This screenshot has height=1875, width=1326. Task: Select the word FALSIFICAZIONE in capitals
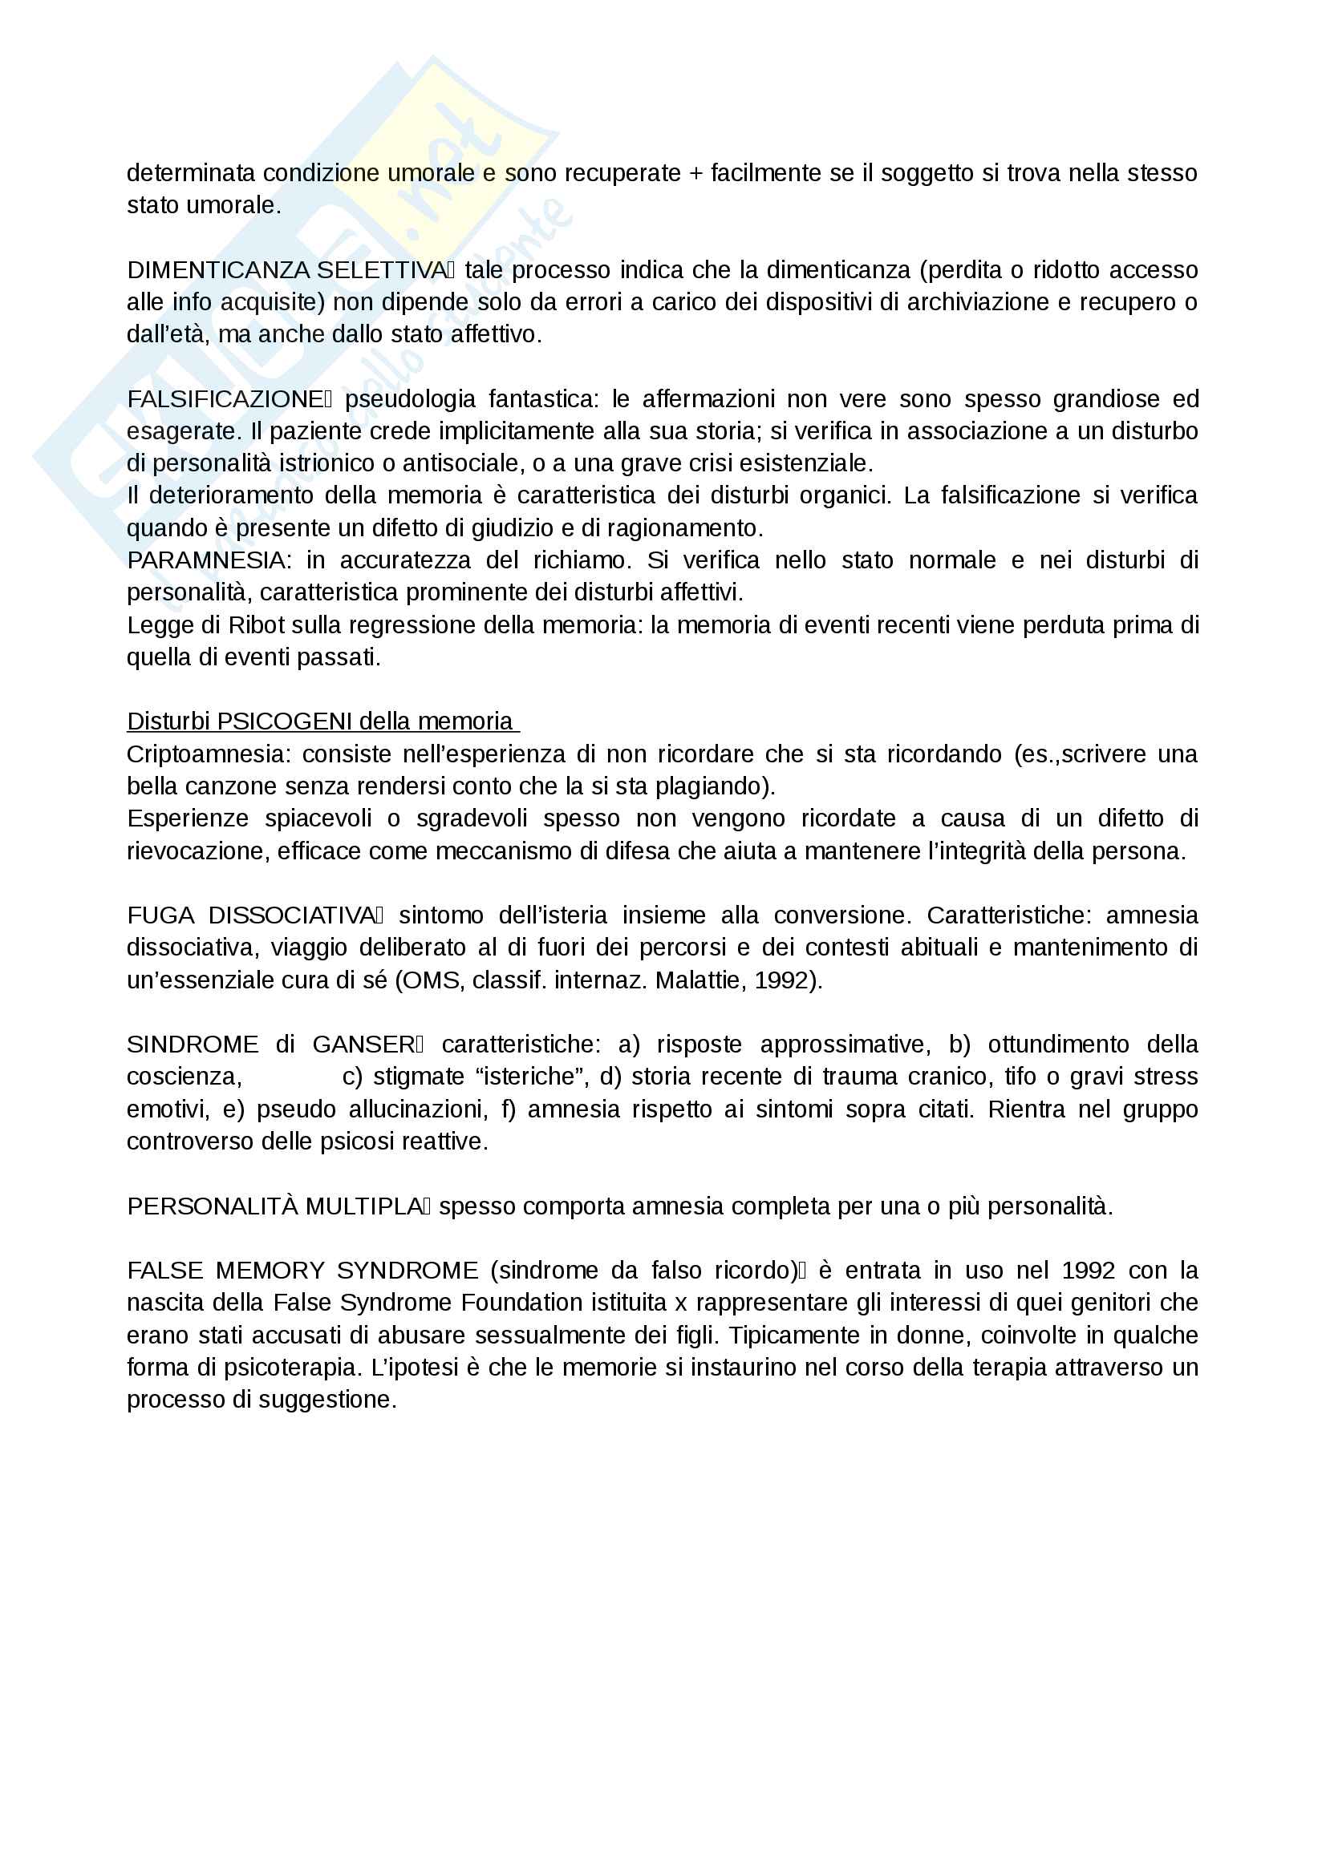(225, 399)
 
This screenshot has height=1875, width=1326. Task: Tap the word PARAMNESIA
(207, 560)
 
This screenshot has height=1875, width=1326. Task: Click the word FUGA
(160, 915)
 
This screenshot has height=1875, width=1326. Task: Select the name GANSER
(363, 1045)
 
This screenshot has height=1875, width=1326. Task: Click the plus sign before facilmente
(695, 173)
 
